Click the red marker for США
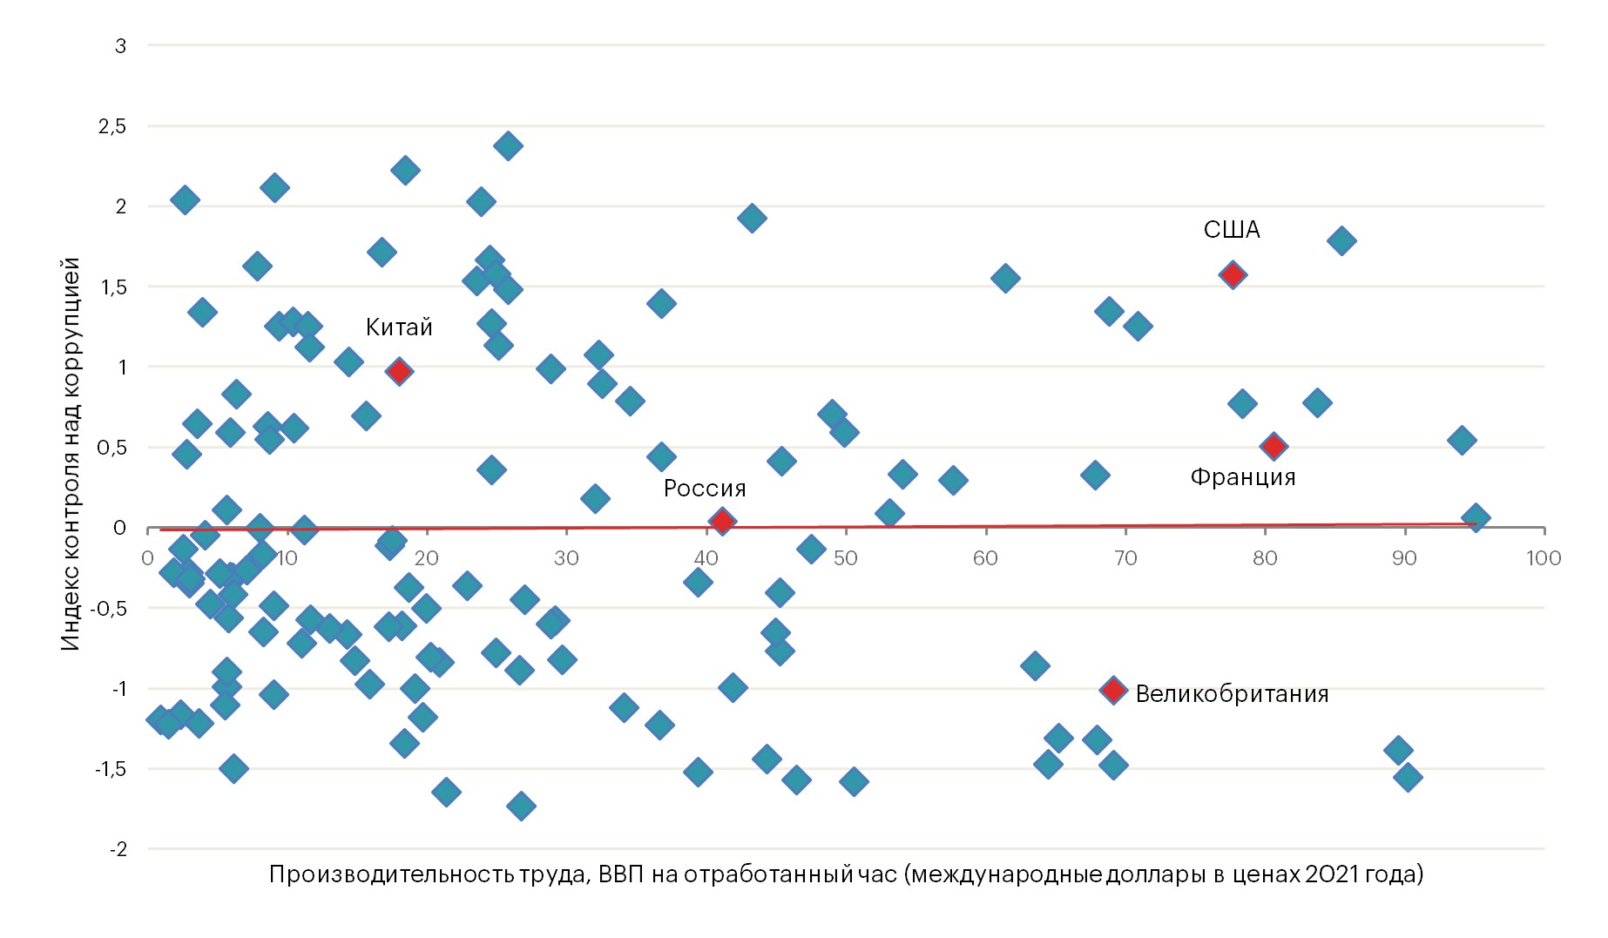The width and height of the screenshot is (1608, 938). pos(1232,275)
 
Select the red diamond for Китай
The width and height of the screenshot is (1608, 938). pos(399,371)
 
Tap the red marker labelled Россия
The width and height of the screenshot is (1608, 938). pos(721,522)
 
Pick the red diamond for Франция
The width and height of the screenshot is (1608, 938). pos(1274,447)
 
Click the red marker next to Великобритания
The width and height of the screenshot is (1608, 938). pos(1112,691)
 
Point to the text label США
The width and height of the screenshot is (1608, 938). pos(1232,230)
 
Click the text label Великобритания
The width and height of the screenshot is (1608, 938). pos(1232,694)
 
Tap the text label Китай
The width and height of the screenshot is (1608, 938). pos(399,327)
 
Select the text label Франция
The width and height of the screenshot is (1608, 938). pos(1243,477)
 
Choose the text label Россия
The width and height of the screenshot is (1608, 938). pos(705,489)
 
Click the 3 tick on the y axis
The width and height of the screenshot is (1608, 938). pos(121,46)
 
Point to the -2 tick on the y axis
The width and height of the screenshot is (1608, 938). pos(118,849)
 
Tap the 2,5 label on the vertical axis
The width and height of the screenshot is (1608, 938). pos(112,126)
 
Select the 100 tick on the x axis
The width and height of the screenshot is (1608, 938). pos(1544,558)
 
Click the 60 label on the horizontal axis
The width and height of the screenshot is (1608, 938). pos(985,558)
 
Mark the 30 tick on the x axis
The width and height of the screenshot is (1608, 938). pos(566,558)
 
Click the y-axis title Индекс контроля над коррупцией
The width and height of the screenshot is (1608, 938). pos(71,453)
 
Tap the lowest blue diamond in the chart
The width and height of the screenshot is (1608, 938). pos(521,806)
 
